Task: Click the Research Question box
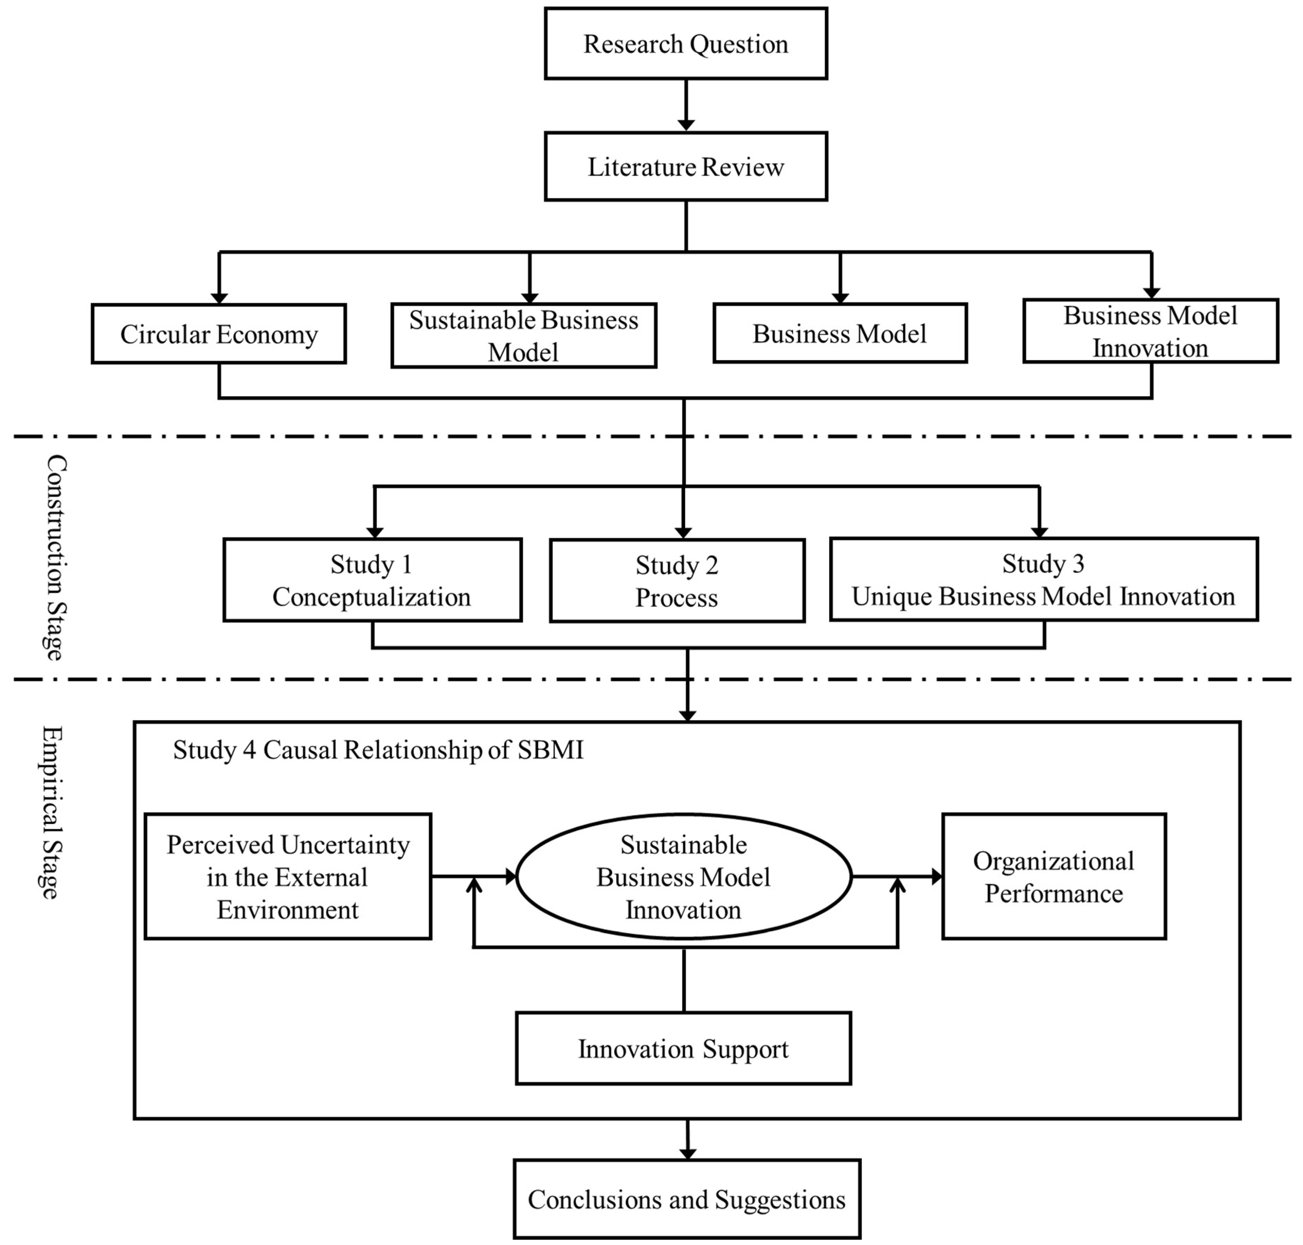[x=686, y=44]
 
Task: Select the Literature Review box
[x=686, y=167]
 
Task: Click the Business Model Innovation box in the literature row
[x=1150, y=331]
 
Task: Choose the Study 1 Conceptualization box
[x=372, y=580]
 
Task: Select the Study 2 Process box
[x=677, y=581]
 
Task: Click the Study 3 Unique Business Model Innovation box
[x=1043, y=579]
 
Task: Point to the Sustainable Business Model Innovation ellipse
[x=684, y=877]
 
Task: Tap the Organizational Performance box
[x=1054, y=877]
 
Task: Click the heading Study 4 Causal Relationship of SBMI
[x=378, y=750]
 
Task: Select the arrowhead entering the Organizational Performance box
[x=937, y=877]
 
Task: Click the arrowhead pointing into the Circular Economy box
[x=219, y=299]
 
